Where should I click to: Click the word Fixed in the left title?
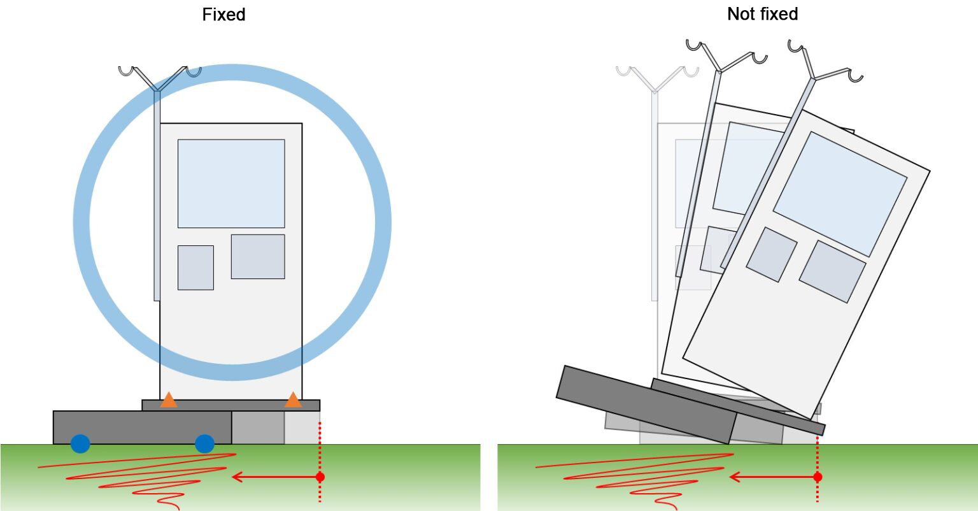click(x=223, y=14)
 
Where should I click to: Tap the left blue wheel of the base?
click(x=80, y=443)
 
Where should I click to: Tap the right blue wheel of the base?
click(x=204, y=443)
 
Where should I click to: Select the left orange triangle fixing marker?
click(x=169, y=400)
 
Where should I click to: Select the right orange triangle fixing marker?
click(x=293, y=400)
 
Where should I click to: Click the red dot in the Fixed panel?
click(x=320, y=477)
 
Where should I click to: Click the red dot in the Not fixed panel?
click(x=818, y=477)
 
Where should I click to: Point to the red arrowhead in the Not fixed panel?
click(x=733, y=477)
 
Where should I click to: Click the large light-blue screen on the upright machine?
click(x=230, y=184)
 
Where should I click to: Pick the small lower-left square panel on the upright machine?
click(x=195, y=268)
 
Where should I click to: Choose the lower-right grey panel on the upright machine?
click(x=257, y=256)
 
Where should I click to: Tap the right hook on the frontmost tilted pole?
click(x=856, y=76)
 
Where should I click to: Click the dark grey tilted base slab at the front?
click(x=646, y=405)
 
